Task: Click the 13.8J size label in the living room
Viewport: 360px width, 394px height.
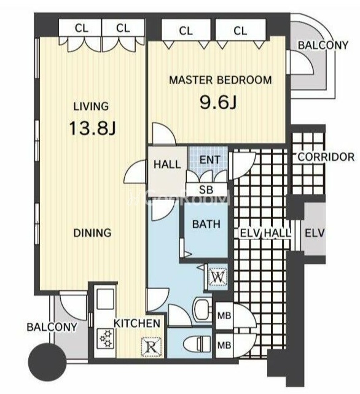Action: coord(92,128)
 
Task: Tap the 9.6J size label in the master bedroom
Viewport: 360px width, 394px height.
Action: coord(218,102)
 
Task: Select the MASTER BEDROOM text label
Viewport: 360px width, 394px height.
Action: coord(221,80)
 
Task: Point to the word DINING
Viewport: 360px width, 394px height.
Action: coord(92,233)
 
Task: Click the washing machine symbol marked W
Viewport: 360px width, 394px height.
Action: coord(218,277)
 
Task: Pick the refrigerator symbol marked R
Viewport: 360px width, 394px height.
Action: coord(151,347)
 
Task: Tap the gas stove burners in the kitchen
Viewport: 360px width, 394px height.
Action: coord(106,338)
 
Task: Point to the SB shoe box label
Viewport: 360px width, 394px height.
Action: coord(206,190)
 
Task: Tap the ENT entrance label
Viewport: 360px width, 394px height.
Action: coord(209,160)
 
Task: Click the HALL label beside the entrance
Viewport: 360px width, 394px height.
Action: coord(167,164)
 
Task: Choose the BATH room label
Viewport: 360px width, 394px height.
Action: coord(206,224)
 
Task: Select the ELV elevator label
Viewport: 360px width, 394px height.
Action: coord(315,233)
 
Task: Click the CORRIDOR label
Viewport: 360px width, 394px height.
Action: coord(326,156)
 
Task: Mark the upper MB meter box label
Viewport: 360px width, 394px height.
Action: coord(224,315)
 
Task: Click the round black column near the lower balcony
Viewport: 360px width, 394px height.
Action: coord(47,362)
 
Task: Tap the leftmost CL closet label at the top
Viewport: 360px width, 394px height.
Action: coord(82,28)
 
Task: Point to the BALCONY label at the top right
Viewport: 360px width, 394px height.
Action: coord(323,45)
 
